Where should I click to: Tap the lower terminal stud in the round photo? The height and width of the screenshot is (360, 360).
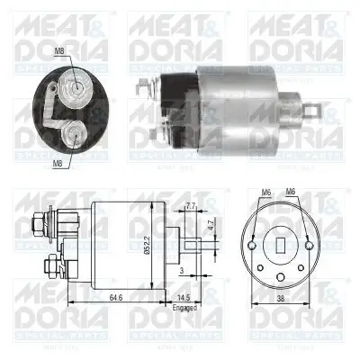[x=76, y=138]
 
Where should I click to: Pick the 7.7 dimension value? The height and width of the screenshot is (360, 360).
[x=190, y=207]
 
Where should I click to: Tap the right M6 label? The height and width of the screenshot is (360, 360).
[x=291, y=192]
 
